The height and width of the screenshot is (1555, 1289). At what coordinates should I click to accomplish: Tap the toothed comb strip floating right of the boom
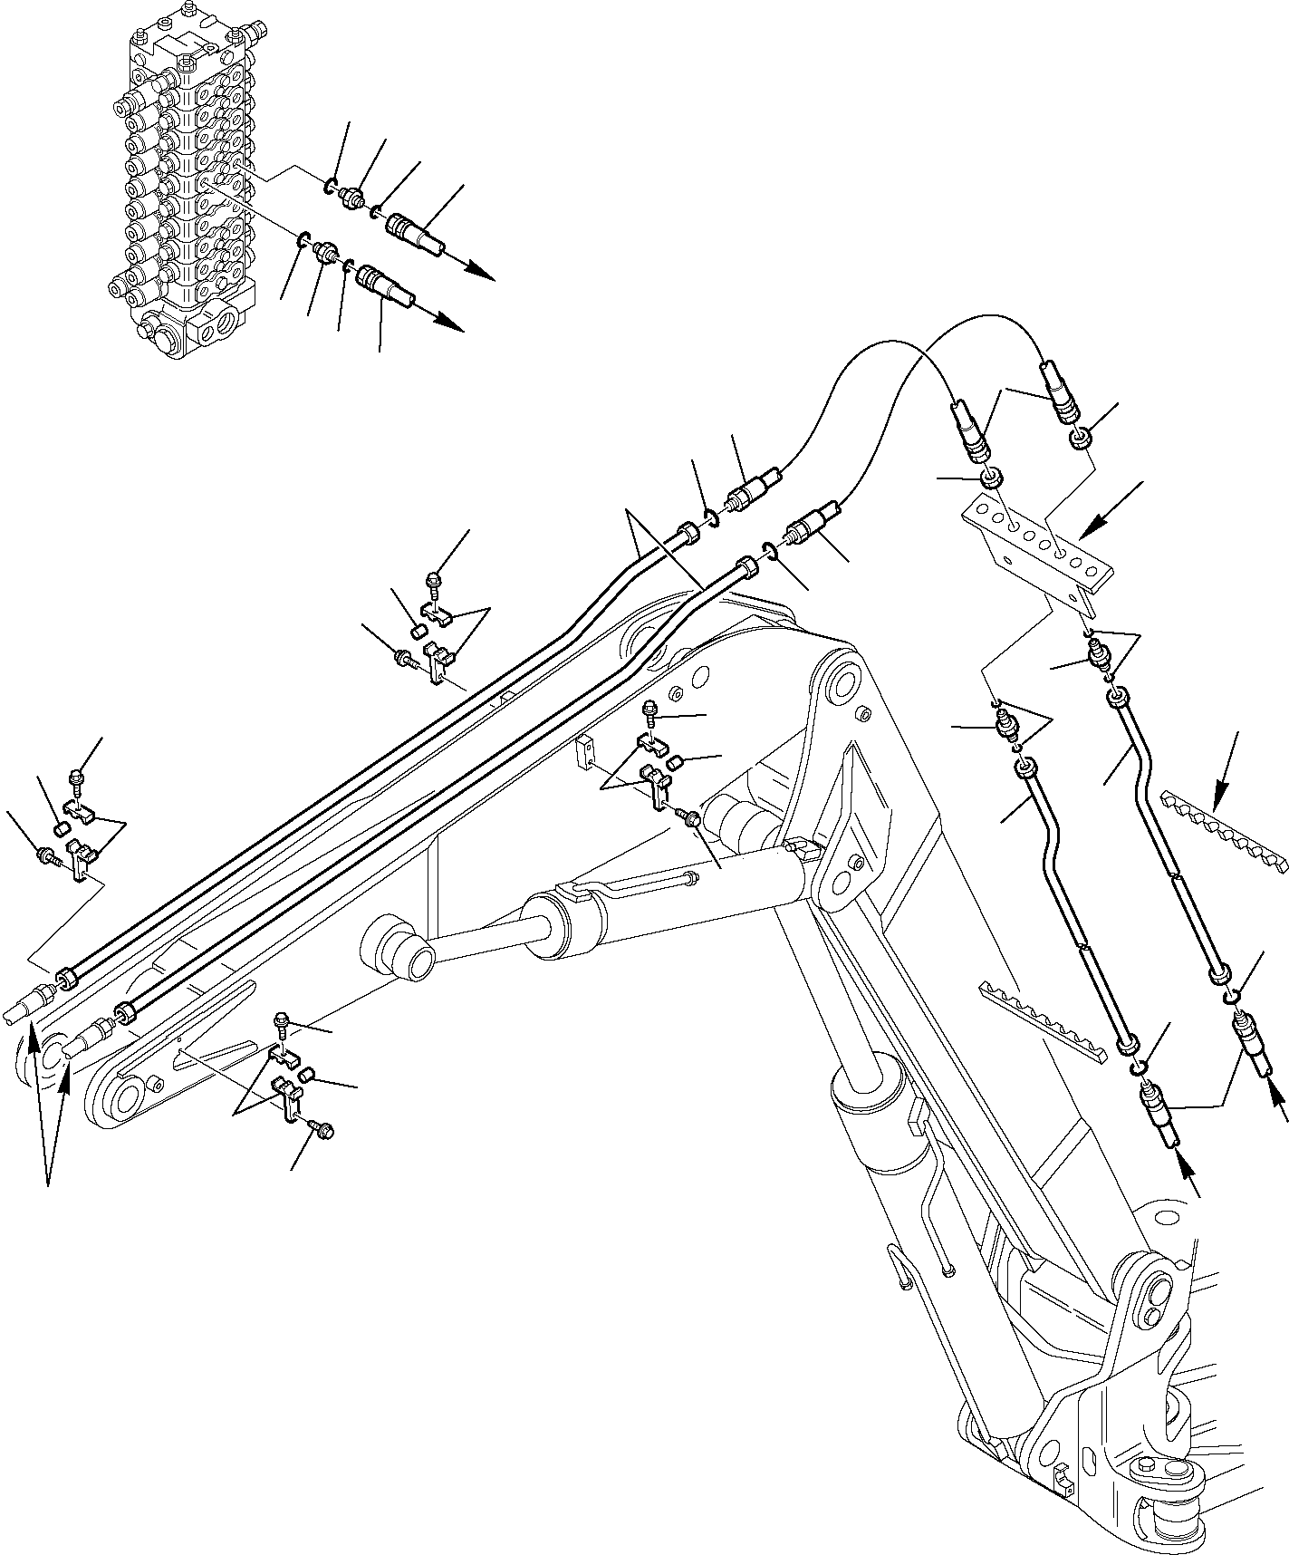coord(1223,829)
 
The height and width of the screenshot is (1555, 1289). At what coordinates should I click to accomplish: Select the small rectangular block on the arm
coord(587,751)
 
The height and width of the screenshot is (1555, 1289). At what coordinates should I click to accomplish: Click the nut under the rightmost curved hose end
coord(1081,439)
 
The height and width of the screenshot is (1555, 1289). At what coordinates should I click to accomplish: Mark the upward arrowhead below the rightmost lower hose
coord(1276,1099)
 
